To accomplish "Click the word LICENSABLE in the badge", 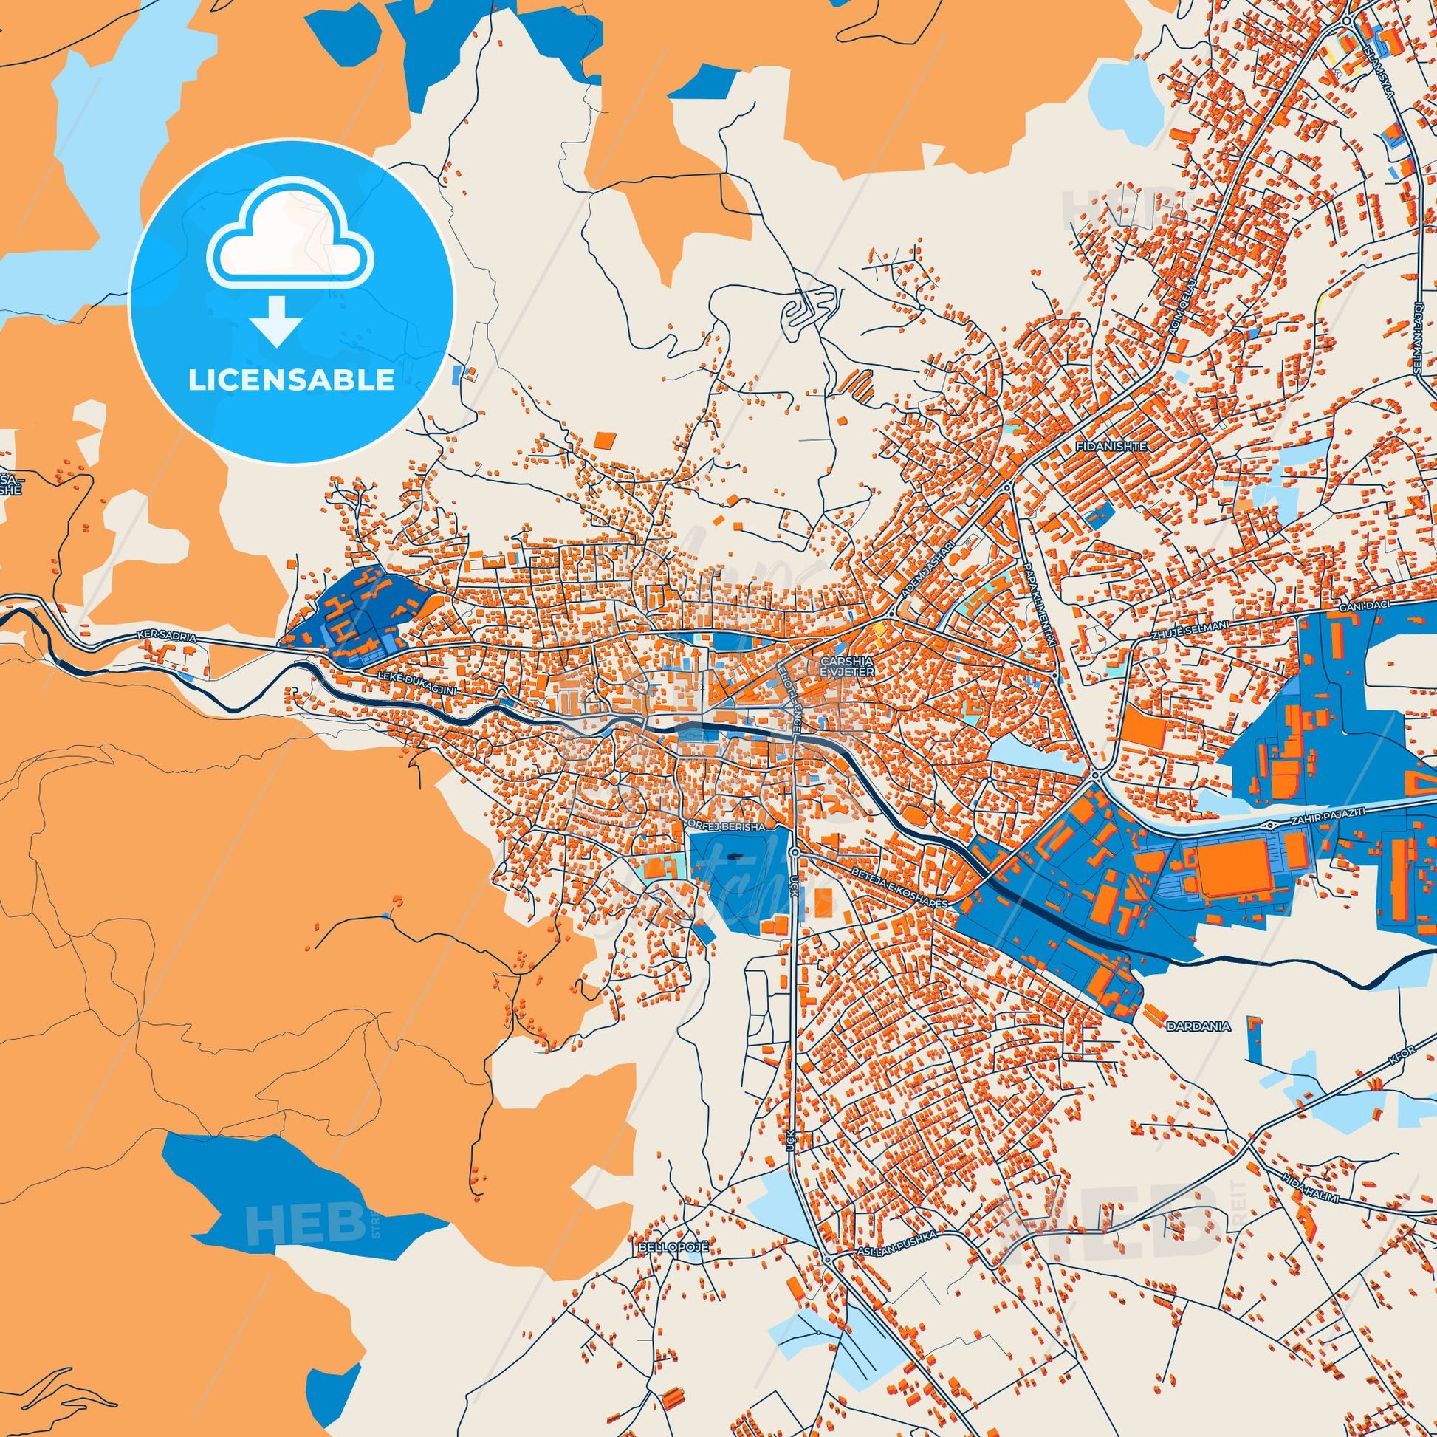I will point(291,380).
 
